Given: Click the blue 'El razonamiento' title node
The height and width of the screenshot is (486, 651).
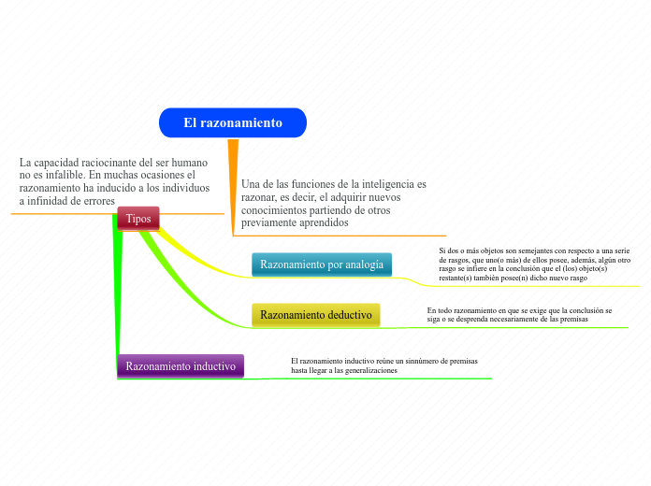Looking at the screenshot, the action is point(233,122).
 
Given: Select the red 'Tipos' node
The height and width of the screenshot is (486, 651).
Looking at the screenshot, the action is point(138,218).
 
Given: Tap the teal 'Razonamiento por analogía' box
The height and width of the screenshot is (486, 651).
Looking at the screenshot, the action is point(321,264).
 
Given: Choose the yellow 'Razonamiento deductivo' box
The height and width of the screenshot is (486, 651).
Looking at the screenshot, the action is point(315,315).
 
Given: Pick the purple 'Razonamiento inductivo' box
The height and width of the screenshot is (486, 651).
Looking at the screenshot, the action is point(181,365).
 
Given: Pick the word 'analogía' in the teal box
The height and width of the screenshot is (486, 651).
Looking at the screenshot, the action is point(363,264).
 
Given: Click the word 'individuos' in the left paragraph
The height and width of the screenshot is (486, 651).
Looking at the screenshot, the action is point(185,187).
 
